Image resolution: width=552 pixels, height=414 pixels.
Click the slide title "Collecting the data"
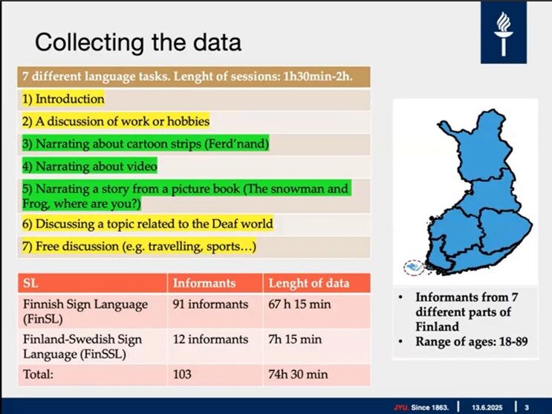[138, 42]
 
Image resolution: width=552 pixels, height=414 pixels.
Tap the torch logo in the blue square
[504, 33]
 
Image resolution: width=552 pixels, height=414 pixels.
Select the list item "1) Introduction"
[63, 99]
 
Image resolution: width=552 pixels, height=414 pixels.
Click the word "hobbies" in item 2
[188, 121]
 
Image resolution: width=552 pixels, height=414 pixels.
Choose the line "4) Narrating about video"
[90, 166]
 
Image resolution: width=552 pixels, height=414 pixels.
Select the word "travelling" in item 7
[175, 246]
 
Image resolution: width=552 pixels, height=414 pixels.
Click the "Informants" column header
[204, 283]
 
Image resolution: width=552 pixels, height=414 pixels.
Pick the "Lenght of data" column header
[309, 283]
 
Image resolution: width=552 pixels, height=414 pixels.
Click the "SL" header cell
[30, 283]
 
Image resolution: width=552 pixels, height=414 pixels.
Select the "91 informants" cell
[210, 304]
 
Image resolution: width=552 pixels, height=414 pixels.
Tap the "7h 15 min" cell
[295, 340]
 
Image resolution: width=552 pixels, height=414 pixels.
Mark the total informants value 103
[182, 374]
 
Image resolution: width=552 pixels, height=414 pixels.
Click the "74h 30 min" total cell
[298, 374]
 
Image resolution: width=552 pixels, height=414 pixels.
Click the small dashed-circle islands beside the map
[414, 268]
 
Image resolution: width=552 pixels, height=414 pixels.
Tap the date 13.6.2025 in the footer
[487, 407]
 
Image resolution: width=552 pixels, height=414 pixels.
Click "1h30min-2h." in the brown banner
[317, 77]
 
